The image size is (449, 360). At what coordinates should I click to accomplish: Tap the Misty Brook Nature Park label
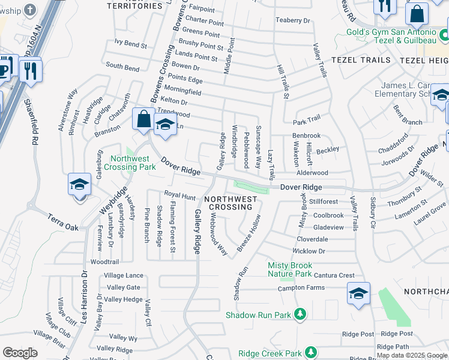(289, 269)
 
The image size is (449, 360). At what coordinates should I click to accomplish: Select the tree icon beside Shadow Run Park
(300, 314)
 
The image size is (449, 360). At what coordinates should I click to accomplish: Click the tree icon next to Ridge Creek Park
(310, 352)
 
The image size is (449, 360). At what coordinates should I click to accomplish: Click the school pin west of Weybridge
(79, 184)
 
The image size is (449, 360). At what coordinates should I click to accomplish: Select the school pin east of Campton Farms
(358, 294)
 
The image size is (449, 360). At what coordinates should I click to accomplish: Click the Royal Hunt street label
(180, 196)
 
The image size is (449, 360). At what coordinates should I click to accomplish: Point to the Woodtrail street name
(104, 262)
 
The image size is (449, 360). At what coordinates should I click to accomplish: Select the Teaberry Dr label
(292, 20)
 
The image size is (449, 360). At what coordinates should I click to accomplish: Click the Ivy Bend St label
(131, 44)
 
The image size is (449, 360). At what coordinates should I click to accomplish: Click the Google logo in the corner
(20, 352)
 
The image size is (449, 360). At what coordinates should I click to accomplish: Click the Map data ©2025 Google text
(412, 355)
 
